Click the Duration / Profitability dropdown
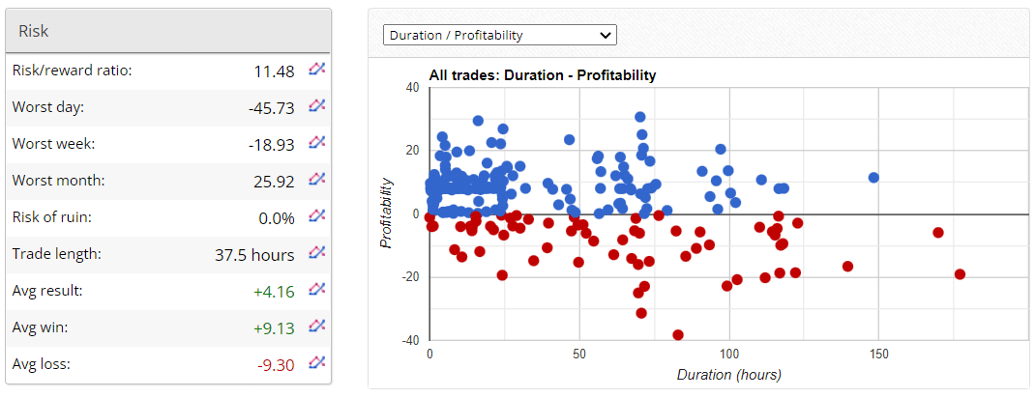coord(500,35)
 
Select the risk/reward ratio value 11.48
coord(274,71)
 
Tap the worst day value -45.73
coord(271,107)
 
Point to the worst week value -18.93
coord(271,144)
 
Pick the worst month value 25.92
coord(274,181)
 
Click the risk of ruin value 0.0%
coord(277,217)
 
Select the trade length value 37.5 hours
coord(254,254)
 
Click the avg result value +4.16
coord(276,291)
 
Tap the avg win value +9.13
coord(276,327)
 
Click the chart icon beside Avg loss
coord(317,363)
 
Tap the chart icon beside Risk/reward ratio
coord(317,70)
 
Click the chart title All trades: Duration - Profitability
coord(542,74)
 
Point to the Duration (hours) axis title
coord(728,374)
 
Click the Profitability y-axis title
coord(386,213)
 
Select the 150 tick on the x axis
coord(879,355)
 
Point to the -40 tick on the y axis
coord(411,341)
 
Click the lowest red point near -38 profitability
coord(677,335)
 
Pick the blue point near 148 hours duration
coord(873,178)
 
